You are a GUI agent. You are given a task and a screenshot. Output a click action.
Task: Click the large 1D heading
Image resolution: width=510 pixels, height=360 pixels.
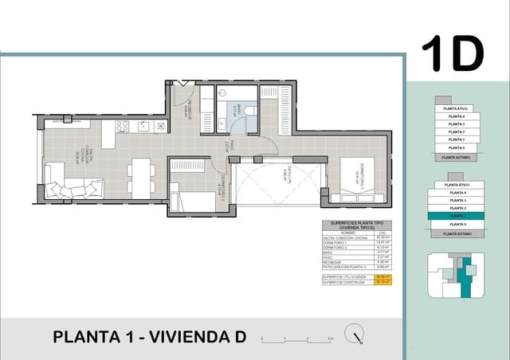(x=452, y=54)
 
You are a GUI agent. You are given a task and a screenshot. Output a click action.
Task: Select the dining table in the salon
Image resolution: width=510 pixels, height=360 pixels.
(x=141, y=177)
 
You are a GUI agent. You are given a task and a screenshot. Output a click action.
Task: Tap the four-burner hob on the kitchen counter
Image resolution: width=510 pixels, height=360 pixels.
(x=160, y=125)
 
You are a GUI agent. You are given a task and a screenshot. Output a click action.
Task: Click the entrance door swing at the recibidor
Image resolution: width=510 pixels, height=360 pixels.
(x=179, y=87)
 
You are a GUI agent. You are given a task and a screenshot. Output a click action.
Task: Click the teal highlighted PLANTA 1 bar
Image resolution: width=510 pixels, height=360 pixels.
(x=456, y=216)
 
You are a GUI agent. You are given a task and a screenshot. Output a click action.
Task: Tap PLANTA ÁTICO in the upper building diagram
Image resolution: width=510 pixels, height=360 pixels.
(x=456, y=107)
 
